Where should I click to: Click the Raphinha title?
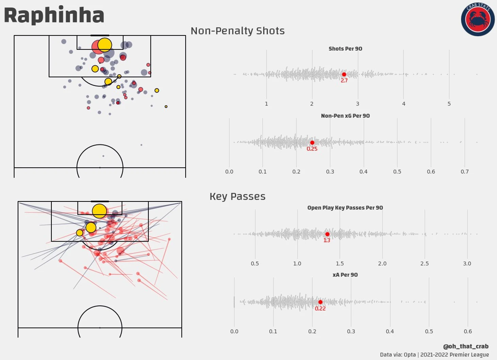point(54,15)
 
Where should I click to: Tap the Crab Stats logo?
point(478,19)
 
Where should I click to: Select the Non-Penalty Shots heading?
point(238,31)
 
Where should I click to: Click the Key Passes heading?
point(238,197)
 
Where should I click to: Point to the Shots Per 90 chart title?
point(345,49)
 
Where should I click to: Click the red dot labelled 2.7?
point(344,75)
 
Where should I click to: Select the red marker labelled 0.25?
point(312,143)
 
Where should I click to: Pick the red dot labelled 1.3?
point(327,234)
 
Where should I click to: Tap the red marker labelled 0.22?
point(320,302)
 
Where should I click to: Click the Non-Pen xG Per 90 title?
point(345,116)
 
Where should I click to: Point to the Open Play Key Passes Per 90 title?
point(345,208)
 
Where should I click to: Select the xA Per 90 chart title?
point(345,275)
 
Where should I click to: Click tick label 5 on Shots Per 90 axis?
point(449,104)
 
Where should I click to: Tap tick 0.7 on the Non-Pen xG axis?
point(465,172)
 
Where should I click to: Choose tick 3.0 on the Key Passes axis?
point(467,264)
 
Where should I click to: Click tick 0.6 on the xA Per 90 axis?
point(468,331)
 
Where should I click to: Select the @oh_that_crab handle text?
point(465,346)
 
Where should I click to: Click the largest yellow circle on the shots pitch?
point(105,45)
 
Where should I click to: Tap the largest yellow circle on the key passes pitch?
point(99,211)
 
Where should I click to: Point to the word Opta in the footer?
point(410,355)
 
